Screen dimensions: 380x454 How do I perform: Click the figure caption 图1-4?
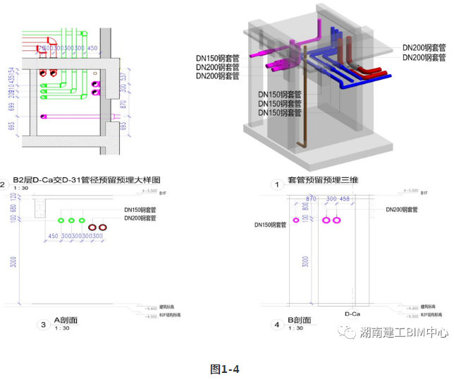coord(225,369)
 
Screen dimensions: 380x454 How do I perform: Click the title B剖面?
coord(300,320)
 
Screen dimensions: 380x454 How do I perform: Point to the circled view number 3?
coord(44,325)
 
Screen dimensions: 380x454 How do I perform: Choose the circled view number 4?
coord(276,325)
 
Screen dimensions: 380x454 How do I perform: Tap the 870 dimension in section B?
coord(310,200)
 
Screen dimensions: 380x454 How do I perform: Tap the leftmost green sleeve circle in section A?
coord(61,221)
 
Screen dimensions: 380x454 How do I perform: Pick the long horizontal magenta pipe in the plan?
coord(70,117)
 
